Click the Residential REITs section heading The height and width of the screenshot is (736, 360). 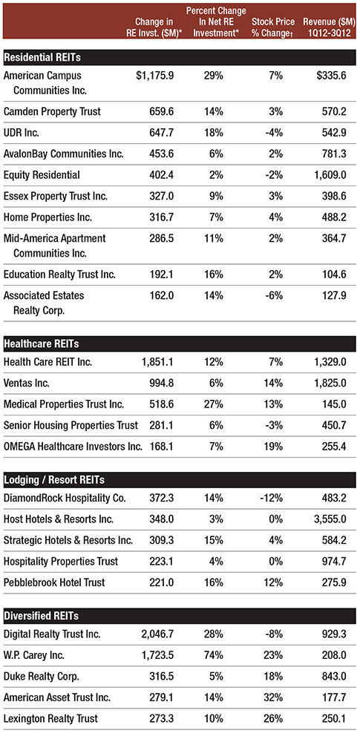point(42,58)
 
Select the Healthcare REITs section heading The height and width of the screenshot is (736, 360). point(42,344)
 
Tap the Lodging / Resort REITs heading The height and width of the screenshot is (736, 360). point(54,480)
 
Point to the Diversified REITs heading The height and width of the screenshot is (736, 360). point(42,615)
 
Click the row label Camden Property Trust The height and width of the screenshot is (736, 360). point(52,112)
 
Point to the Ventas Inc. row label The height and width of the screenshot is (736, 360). point(26,383)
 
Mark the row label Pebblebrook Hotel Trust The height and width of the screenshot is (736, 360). point(54,582)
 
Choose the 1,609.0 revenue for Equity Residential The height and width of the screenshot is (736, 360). point(328,175)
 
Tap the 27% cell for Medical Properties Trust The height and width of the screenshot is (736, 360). point(214,404)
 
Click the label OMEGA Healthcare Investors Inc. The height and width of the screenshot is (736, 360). point(73,447)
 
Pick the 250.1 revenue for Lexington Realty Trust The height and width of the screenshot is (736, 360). point(334,719)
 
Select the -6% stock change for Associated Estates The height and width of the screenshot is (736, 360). point(274,296)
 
